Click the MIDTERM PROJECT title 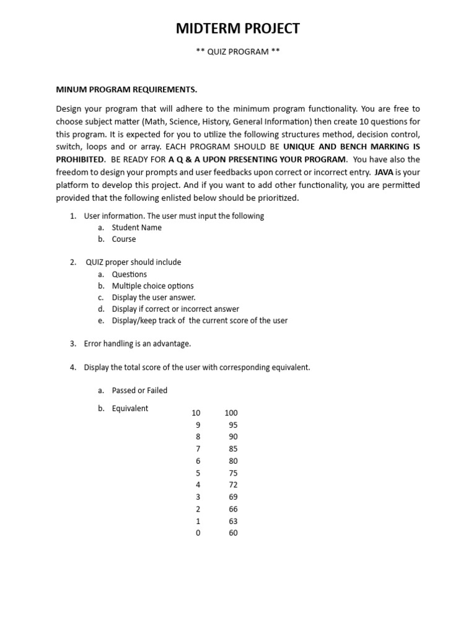(238, 29)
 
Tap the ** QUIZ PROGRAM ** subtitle (238, 52)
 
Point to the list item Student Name (136, 228)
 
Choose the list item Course (124, 239)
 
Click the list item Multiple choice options (152, 286)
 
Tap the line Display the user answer (153, 298)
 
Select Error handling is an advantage (137, 344)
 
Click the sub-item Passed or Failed (139, 391)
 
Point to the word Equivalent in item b (130, 409)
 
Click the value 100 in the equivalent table (231, 413)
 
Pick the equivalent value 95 (233, 425)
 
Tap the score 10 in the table (196, 413)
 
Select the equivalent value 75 (233, 473)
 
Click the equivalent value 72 (233, 485)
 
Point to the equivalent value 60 (233, 533)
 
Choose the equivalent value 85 (233, 449)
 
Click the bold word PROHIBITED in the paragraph (81, 159)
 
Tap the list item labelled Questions (130, 274)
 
